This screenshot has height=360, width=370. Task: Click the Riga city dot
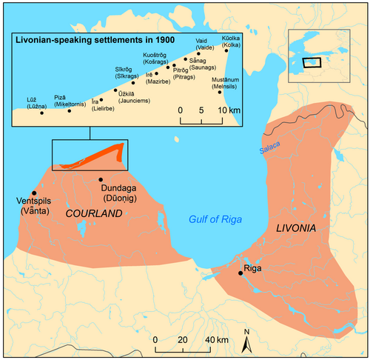click(x=240, y=273)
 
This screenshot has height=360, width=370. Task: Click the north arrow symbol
click(x=248, y=339)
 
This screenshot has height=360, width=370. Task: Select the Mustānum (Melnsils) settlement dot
click(x=220, y=92)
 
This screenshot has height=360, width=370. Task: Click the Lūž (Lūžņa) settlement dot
click(x=42, y=113)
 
